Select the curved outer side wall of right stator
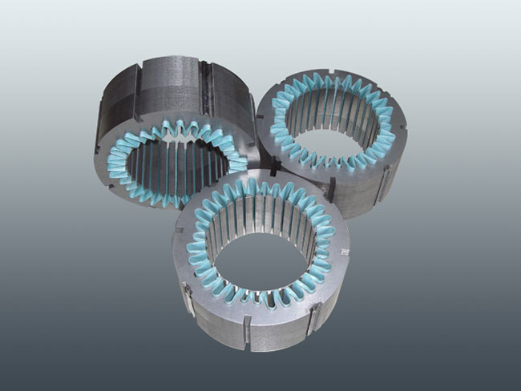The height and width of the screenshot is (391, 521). click(x=377, y=188)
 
